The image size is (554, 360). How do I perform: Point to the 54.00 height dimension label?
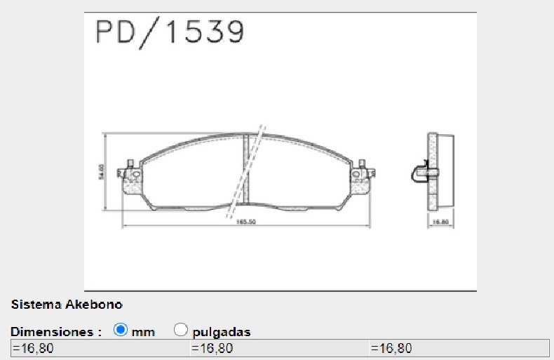click(x=102, y=171)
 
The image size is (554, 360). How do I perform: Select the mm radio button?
click(x=120, y=329)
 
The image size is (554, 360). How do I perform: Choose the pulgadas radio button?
click(x=180, y=329)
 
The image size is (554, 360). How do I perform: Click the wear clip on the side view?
click(x=421, y=171)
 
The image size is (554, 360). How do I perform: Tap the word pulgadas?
click(x=221, y=332)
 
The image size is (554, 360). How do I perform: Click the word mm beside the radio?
click(x=143, y=332)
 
